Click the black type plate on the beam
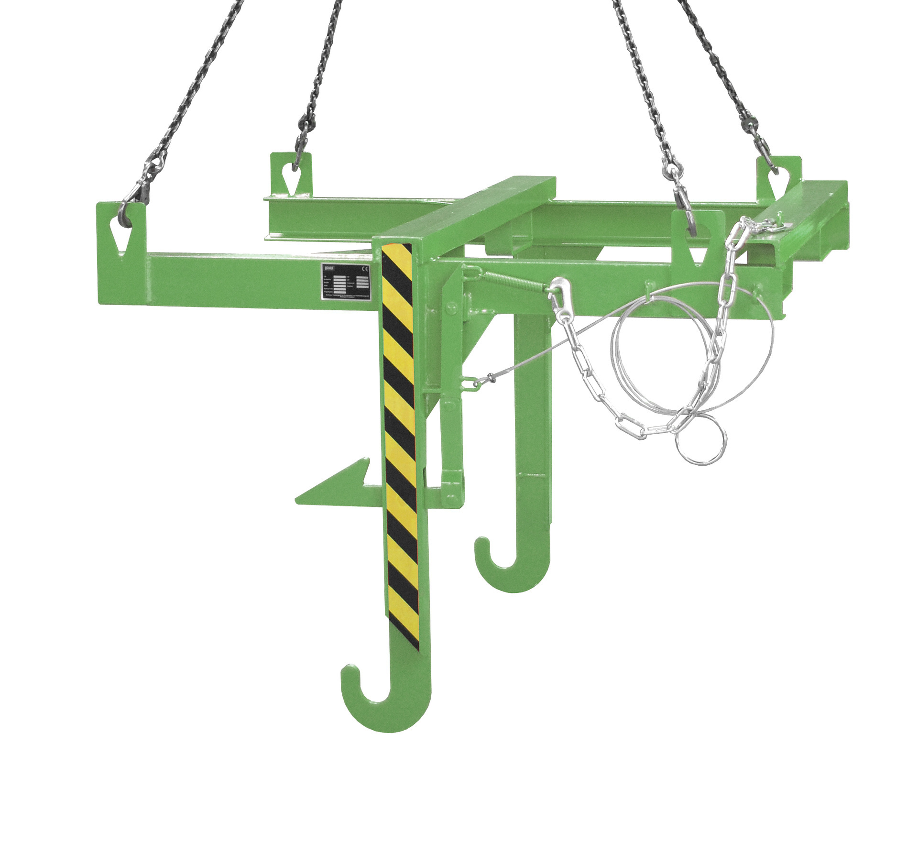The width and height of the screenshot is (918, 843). tap(346, 282)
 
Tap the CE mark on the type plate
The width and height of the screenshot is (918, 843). tap(364, 269)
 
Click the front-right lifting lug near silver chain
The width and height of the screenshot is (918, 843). tap(698, 237)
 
